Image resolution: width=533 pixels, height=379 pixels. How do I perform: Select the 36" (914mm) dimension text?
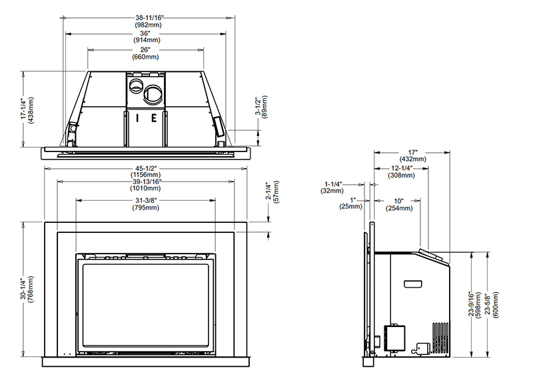[146, 37]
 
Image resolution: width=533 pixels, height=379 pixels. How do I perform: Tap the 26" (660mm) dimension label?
[145, 53]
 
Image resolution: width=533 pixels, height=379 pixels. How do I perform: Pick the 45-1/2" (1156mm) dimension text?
[145, 172]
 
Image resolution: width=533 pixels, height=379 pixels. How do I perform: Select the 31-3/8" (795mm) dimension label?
[145, 204]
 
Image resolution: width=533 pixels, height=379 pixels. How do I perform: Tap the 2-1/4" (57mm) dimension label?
[272, 192]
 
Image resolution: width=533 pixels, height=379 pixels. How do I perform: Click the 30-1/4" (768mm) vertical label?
[27, 290]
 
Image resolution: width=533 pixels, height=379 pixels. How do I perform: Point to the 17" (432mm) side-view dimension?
[412, 155]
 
